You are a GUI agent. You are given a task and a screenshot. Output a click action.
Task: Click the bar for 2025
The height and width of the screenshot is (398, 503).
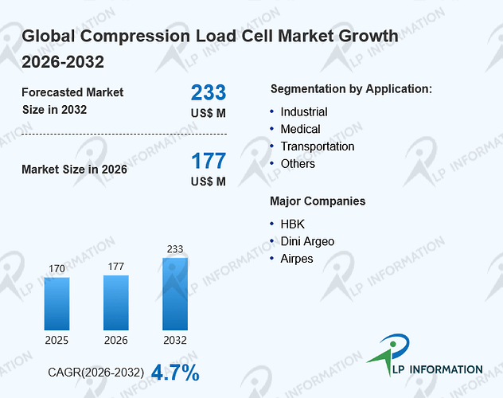pos(57,303)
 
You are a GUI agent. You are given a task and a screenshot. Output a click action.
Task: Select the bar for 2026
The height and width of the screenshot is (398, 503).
pos(116,302)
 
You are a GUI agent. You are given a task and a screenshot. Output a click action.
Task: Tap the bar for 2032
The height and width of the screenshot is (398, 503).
pos(175,294)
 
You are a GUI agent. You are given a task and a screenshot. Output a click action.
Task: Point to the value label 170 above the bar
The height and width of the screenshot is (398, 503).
pos(57,269)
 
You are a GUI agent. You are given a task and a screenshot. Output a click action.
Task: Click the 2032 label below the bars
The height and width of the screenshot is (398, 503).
pos(175,340)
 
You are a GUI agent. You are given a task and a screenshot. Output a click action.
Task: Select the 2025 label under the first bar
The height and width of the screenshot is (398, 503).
pos(57,340)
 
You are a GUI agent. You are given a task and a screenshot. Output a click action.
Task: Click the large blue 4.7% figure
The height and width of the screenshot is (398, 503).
pos(175,373)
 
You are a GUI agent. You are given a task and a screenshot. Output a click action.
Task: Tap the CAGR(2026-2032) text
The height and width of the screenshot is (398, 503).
pos(96,373)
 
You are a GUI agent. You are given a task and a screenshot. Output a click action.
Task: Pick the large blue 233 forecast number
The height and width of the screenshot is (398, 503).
pos(209,92)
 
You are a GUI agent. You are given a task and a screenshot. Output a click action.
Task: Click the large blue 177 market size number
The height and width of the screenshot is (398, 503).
pos(209,161)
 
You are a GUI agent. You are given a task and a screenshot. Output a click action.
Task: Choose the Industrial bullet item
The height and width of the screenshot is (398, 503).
pos(304,112)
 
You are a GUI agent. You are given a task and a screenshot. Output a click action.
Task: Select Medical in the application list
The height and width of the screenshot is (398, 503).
pos(300,129)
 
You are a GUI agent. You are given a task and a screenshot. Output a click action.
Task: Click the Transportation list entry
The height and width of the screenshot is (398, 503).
pos(318,146)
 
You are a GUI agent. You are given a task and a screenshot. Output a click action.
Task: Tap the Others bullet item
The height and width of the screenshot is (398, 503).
pos(298,164)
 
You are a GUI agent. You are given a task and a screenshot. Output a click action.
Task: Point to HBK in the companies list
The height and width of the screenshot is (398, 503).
pos(292,224)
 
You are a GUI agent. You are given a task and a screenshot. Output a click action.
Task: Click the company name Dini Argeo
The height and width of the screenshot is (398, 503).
pos(307,241)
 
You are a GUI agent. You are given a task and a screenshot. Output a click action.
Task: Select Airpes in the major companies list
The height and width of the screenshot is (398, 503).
pos(297,259)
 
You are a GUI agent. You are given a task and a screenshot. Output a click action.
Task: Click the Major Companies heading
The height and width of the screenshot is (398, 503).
pos(318,201)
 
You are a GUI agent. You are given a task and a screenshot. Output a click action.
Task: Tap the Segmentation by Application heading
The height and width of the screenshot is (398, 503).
pos(351,89)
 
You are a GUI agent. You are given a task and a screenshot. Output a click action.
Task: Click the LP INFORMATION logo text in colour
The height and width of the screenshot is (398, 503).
pos(438,369)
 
